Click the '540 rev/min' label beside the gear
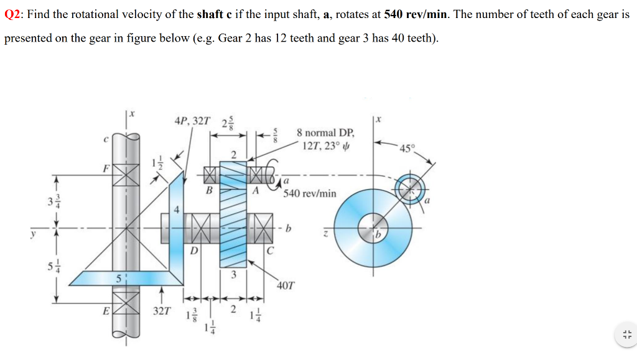[309, 193]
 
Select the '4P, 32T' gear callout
[192, 120]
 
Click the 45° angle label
[407, 148]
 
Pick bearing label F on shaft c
[106, 167]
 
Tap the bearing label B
[209, 191]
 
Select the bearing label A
[255, 191]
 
